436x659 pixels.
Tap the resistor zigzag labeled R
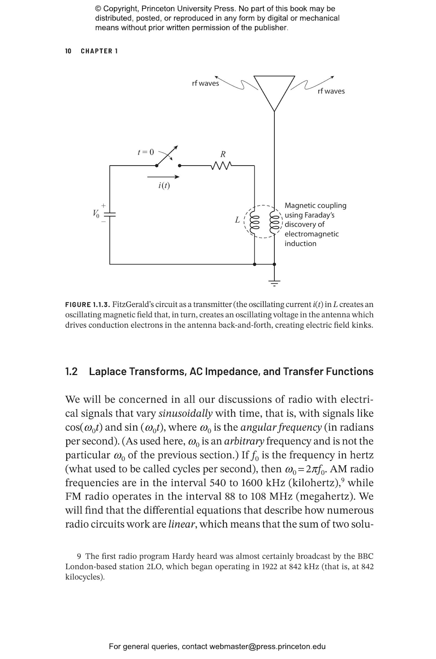click(x=222, y=166)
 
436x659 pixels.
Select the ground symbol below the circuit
click(x=274, y=283)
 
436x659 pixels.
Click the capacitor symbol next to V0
click(x=110, y=215)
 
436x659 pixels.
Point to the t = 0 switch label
click(x=146, y=152)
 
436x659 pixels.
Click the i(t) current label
click(x=164, y=186)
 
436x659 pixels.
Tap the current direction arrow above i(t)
click(x=163, y=177)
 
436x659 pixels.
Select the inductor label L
click(x=237, y=220)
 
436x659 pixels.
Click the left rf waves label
click(x=205, y=84)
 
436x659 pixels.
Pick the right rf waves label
click(x=331, y=91)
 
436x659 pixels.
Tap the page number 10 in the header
click(x=68, y=51)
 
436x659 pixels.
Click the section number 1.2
click(x=71, y=372)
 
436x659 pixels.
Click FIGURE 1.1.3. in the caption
click(x=87, y=305)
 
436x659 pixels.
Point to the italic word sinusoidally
click(x=185, y=413)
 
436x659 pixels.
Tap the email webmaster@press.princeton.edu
click(x=267, y=646)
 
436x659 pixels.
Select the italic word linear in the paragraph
click(x=181, y=524)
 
